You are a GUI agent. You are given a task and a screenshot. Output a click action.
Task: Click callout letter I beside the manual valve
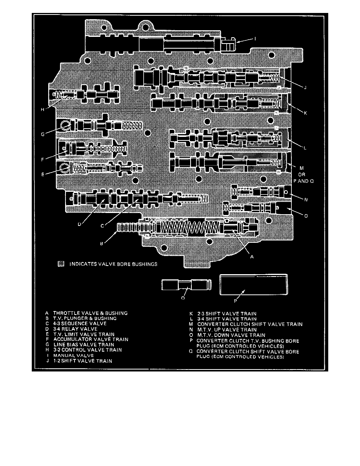[255, 39]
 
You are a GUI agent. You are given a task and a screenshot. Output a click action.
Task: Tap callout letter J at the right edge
[305, 87]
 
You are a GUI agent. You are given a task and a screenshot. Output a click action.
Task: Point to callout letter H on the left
[42, 109]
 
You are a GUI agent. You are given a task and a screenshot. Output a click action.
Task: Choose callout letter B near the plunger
[102, 243]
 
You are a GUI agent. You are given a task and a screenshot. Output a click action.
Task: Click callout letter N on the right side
[306, 199]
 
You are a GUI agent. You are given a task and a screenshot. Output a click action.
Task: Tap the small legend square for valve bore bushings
[60, 264]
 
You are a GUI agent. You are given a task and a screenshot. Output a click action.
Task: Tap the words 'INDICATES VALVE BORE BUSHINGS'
[113, 264]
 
